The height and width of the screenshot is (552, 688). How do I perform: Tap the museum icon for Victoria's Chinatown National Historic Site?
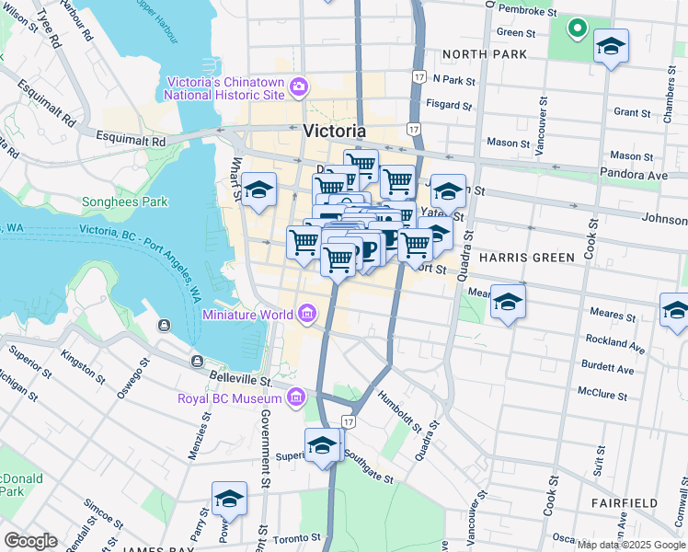point(298,88)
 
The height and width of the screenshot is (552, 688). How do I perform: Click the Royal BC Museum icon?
point(295,398)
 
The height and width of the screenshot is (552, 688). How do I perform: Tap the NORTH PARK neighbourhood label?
point(485,54)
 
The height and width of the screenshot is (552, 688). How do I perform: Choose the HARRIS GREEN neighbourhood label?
point(527,258)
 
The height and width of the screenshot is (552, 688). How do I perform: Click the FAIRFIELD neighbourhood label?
point(625,503)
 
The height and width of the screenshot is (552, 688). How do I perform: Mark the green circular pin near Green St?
point(577,29)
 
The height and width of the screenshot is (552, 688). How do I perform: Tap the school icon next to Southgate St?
point(323,445)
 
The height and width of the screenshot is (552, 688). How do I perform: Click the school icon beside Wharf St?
point(259,190)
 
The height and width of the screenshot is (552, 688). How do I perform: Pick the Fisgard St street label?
point(451,105)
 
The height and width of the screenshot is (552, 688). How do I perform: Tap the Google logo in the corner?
point(30,541)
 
